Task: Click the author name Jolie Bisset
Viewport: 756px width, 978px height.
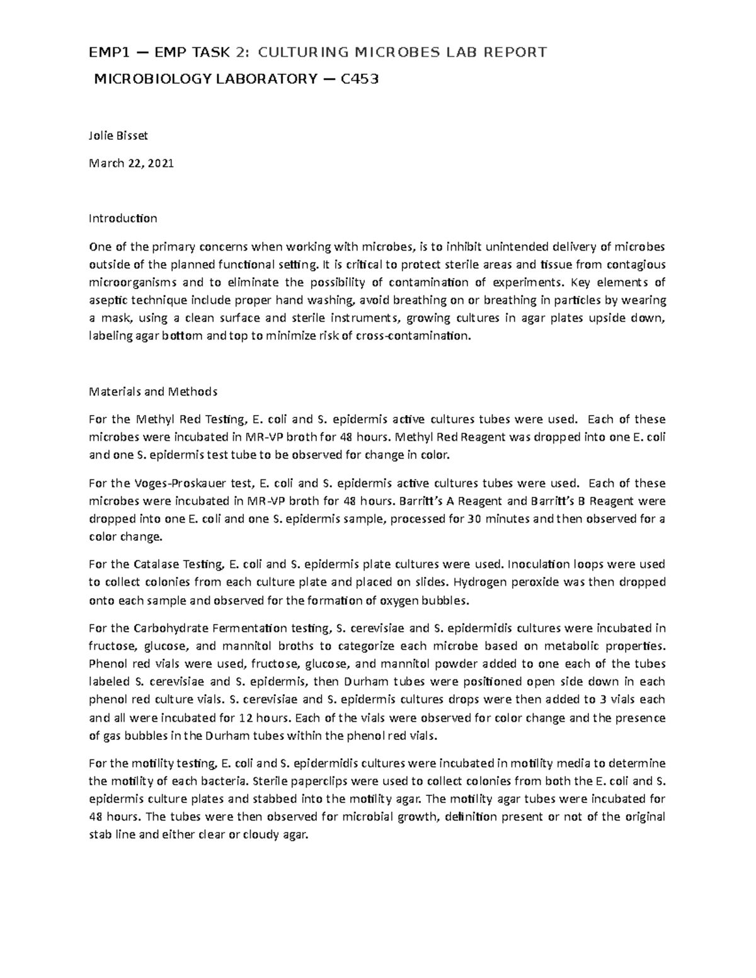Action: tap(118, 135)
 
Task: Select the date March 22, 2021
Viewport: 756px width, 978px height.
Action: tap(131, 164)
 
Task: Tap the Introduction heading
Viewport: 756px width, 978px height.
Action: tap(123, 219)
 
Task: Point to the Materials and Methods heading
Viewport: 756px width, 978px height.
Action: tap(153, 392)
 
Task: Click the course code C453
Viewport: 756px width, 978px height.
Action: tap(360, 79)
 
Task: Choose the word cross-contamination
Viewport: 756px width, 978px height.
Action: tap(412, 336)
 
